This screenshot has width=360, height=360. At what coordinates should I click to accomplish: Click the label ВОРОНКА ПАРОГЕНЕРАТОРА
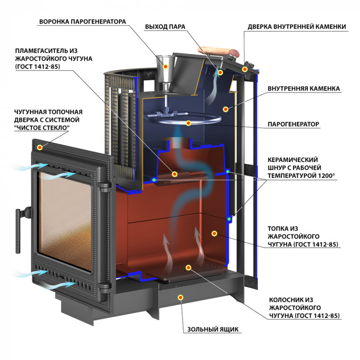point(83,22)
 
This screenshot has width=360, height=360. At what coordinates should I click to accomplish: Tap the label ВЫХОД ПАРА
point(165,27)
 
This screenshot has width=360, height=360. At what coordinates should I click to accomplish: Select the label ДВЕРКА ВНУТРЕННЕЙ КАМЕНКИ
point(297,27)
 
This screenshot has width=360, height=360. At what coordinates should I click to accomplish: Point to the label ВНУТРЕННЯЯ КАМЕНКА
point(304,88)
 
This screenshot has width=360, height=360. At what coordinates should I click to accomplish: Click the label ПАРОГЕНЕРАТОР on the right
point(294,124)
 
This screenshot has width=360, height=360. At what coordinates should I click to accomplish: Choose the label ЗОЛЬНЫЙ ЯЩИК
point(213,330)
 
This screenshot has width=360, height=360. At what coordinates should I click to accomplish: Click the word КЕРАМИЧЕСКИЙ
point(293,160)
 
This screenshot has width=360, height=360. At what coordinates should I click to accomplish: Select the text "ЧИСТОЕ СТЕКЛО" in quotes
point(42,128)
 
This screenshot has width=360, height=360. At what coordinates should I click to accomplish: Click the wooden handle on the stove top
point(219,51)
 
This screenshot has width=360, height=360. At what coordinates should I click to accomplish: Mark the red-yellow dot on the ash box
point(181,298)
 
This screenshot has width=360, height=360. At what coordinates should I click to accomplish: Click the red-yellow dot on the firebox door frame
point(40,147)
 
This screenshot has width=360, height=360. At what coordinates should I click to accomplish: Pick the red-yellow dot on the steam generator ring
point(189,123)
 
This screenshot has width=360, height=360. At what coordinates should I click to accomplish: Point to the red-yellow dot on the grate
point(189,267)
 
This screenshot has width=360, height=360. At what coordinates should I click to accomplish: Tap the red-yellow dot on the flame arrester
point(174,174)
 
